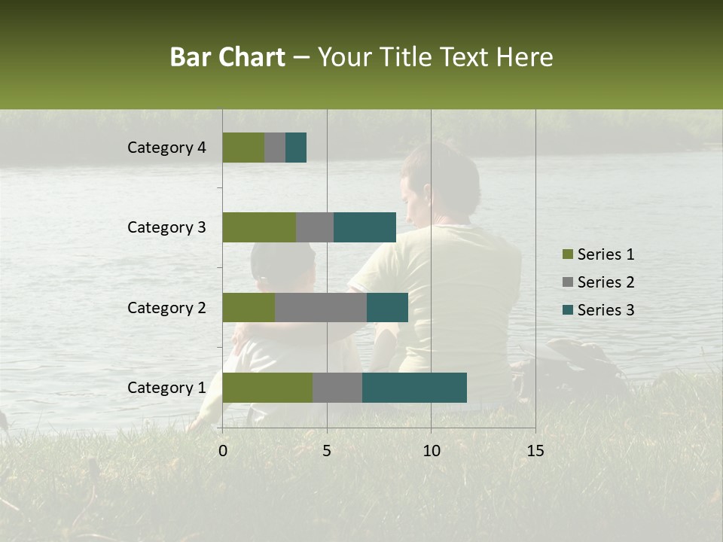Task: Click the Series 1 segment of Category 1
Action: tap(267, 388)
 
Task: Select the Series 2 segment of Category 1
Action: tap(337, 388)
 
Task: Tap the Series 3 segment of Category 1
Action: tap(414, 388)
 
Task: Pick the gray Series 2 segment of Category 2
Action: tap(321, 307)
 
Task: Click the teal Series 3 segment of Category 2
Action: tap(387, 307)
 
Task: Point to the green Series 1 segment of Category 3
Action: tap(259, 227)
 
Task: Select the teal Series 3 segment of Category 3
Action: tap(365, 227)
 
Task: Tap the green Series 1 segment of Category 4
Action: tap(243, 148)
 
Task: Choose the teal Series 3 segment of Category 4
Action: tap(296, 148)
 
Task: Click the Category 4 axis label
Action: tap(166, 148)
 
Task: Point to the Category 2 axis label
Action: tap(166, 307)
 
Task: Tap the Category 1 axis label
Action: tap(166, 388)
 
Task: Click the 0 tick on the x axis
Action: tap(223, 450)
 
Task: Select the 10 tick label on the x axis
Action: tap(431, 450)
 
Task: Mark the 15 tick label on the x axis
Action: tap(535, 450)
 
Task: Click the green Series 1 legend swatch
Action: tap(567, 254)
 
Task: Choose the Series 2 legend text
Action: tap(606, 282)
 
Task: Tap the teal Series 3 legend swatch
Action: tap(567, 310)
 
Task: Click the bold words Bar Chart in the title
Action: tap(227, 57)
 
